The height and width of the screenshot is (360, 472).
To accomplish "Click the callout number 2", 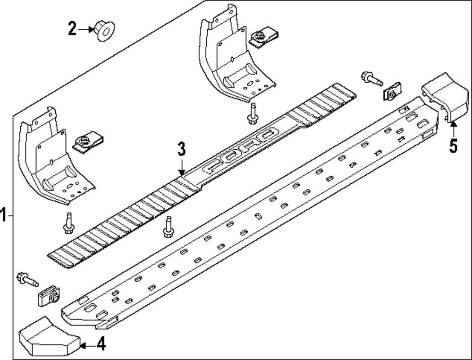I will point(72,29).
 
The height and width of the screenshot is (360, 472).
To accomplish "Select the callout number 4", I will point(101,345).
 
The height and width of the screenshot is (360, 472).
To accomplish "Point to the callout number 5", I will point(453,145).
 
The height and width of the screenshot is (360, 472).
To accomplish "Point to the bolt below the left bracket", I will point(67,223).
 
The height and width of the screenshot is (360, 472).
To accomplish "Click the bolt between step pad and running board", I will point(167,227).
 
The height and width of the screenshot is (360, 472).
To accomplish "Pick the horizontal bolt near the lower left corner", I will point(26,280).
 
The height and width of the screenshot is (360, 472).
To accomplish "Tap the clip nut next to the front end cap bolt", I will point(48,296).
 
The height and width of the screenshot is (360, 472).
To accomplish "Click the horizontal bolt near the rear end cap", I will point(371,78).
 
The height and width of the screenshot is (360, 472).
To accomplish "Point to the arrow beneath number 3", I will point(182,166).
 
